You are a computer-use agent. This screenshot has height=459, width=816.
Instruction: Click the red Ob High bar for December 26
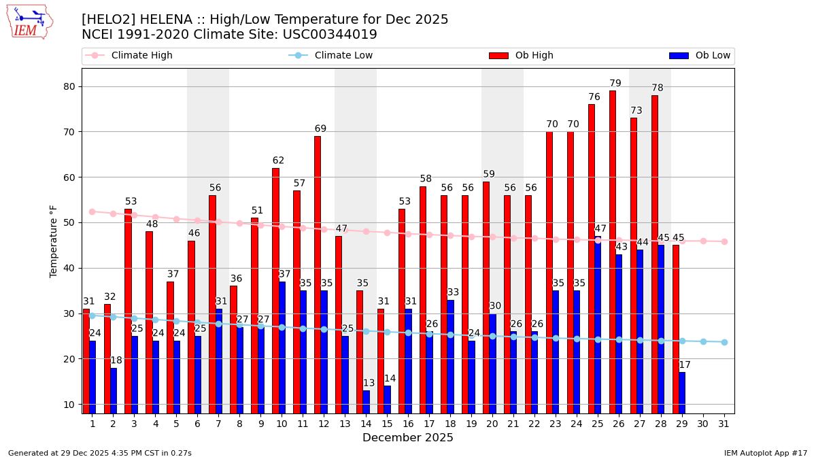click(x=613, y=252)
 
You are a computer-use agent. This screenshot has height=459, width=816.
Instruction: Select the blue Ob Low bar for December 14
click(x=367, y=401)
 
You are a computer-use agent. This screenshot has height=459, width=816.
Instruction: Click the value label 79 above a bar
click(x=615, y=84)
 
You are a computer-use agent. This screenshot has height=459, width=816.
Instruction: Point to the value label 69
click(x=320, y=129)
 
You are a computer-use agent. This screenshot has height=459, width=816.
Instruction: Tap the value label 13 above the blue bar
click(x=369, y=384)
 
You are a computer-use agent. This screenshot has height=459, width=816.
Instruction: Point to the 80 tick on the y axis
click(x=68, y=86)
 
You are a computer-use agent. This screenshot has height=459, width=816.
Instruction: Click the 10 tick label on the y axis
click(x=68, y=404)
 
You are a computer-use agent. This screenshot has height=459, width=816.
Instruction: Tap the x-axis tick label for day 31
click(x=724, y=424)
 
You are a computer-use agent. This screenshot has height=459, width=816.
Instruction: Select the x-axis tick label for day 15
click(x=387, y=424)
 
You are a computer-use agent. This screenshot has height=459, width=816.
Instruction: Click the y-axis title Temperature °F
click(x=54, y=241)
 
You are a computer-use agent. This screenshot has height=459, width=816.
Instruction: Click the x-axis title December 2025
click(x=408, y=438)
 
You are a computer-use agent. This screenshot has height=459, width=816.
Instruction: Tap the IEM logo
click(x=29, y=22)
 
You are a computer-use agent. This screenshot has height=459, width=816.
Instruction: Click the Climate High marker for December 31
click(x=724, y=241)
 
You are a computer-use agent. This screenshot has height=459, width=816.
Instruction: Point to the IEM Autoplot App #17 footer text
click(x=766, y=453)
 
